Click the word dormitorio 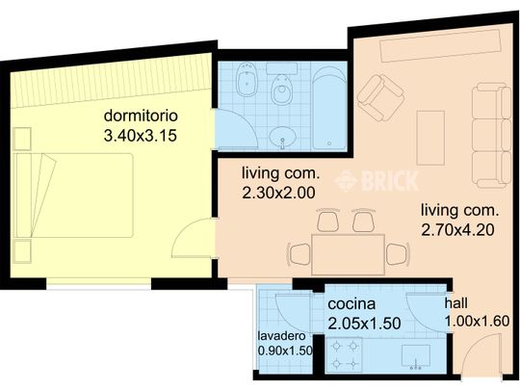(x=141, y=117)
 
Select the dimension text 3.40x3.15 (x=141, y=136)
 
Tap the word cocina (x=351, y=304)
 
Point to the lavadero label (x=281, y=336)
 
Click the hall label (x=456, y=303)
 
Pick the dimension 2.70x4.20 (x=458, y=230)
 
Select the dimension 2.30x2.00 (x=278, y=193)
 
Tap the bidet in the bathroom (x=247, y=79)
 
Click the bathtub (x=329, y=108)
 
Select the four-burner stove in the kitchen (x=344, y=355)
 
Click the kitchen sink (x=416, y=357)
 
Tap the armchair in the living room (x=381, y=98)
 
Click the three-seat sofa (x=491, y=135)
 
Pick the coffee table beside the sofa (x=430, y=138)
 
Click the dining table (x=349, y=254)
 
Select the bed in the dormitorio (x=73, y=195)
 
